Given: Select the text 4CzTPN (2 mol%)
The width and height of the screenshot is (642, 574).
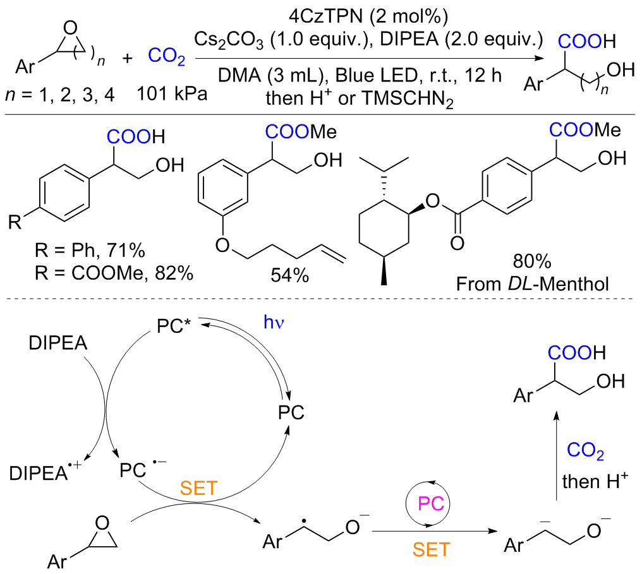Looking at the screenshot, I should pyautogui.click(x=370, y=13).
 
